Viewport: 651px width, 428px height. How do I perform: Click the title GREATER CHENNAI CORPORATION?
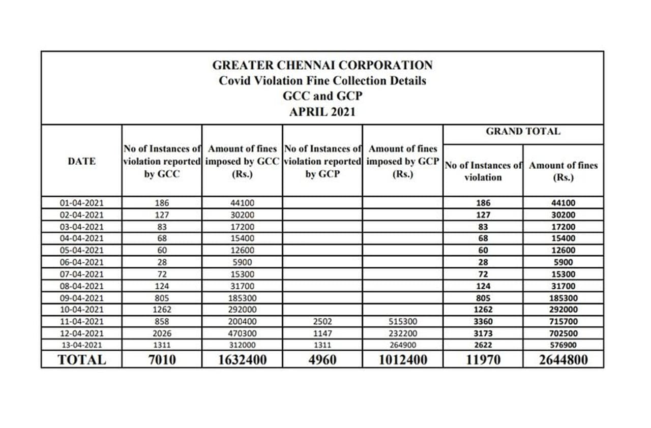coord(322,65)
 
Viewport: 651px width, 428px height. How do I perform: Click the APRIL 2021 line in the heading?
coord(322,112)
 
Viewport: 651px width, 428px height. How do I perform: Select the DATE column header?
coord(81,161)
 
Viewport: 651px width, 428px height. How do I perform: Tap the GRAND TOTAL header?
coord(523,131)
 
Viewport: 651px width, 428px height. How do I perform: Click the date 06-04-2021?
coord(81,262)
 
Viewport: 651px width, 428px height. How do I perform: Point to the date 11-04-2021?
coord(81,322)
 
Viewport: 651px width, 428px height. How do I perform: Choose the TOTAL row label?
coord(81,360)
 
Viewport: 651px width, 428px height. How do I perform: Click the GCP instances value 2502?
coord(322,322)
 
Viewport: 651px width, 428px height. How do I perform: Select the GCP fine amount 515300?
coord(403,322)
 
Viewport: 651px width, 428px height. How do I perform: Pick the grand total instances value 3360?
coord(483,322)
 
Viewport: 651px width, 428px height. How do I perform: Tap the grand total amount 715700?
coord(563,322)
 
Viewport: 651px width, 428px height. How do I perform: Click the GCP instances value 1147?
coord(322,333)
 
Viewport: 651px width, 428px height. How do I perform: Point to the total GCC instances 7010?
coord(162,360)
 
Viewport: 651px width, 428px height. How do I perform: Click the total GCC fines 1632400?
coord(242,360)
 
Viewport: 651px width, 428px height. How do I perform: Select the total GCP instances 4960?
coord(322,360)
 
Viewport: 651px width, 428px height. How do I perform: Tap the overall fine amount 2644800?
coord(563,360)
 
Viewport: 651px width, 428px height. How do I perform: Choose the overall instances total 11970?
coord(483,360)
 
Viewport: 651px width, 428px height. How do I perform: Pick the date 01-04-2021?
coord(81,203)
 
